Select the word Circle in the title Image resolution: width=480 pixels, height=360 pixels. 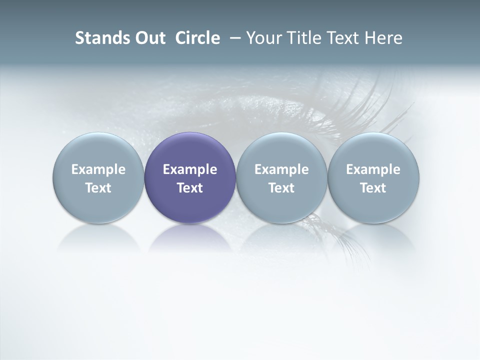tap(197, 38)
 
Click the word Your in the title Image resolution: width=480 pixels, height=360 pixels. tap(263, 38)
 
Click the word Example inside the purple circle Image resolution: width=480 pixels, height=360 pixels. tap(190, 169)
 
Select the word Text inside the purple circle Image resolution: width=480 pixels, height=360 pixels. tap(190, 188)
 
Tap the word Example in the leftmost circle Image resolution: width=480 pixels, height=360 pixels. tap(98, 169)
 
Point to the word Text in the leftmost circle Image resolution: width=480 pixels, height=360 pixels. tap(98, 188)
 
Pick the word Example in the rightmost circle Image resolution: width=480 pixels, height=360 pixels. tap(373, 169)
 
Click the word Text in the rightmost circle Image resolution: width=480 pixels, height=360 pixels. tap(373, 188)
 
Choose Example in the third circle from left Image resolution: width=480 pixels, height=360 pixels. tap(281, 169)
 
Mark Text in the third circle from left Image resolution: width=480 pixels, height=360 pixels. tap(281, 188)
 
